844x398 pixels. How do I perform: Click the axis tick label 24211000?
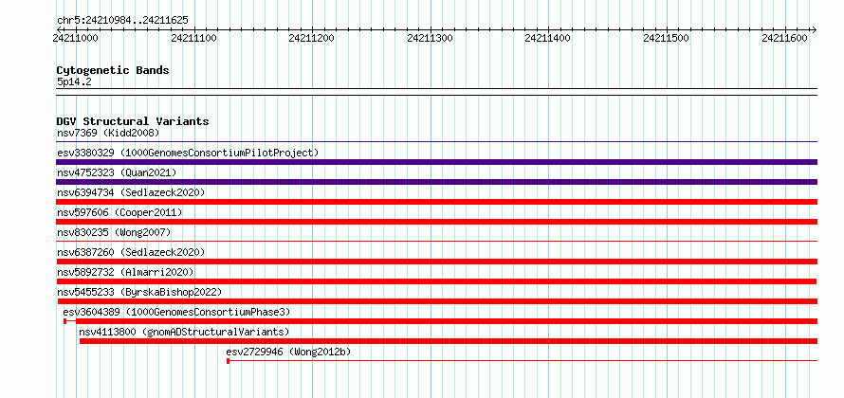75,38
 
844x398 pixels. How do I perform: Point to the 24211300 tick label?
431,38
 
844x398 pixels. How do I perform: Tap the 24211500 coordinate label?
667,38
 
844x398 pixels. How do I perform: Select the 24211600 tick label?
785,38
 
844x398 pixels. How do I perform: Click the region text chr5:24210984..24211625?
122,21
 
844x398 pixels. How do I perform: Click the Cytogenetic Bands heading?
113,70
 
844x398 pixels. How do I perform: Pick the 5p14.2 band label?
74,82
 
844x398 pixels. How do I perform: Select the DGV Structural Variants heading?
133,121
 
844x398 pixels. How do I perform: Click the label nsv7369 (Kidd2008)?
108,133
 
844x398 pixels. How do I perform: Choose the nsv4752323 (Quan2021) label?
117,172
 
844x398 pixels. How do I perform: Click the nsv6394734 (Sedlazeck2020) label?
131,192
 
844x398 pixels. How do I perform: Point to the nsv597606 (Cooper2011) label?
119,212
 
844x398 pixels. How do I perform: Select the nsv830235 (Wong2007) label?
114,232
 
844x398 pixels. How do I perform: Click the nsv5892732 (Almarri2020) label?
125,272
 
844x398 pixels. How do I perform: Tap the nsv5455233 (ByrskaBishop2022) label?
139,292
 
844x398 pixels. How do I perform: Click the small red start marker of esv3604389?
65,321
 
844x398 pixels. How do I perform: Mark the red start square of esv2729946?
229,361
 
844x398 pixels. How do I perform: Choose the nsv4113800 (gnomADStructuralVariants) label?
184,332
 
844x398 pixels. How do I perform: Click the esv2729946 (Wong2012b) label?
288,352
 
